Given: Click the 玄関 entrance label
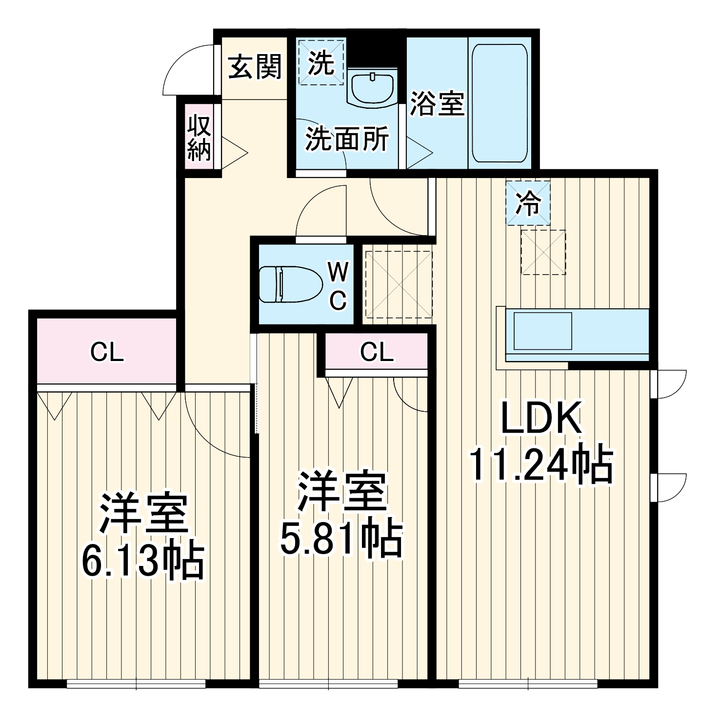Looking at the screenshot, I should (255, 67).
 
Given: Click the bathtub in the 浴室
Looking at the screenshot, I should (499, 104).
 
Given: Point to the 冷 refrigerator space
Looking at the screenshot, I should (528, 203).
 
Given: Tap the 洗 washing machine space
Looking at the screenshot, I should (321, 62).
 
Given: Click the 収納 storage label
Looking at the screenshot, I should (199, 138).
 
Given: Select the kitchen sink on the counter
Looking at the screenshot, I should (542, 331).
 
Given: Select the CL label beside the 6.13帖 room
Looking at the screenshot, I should (107, 352).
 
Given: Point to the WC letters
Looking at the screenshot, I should (338, 285).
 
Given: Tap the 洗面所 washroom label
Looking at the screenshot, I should (347, 139).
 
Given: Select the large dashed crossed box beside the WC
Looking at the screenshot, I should (399, 284).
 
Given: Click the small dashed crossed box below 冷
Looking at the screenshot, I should (543, 252).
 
